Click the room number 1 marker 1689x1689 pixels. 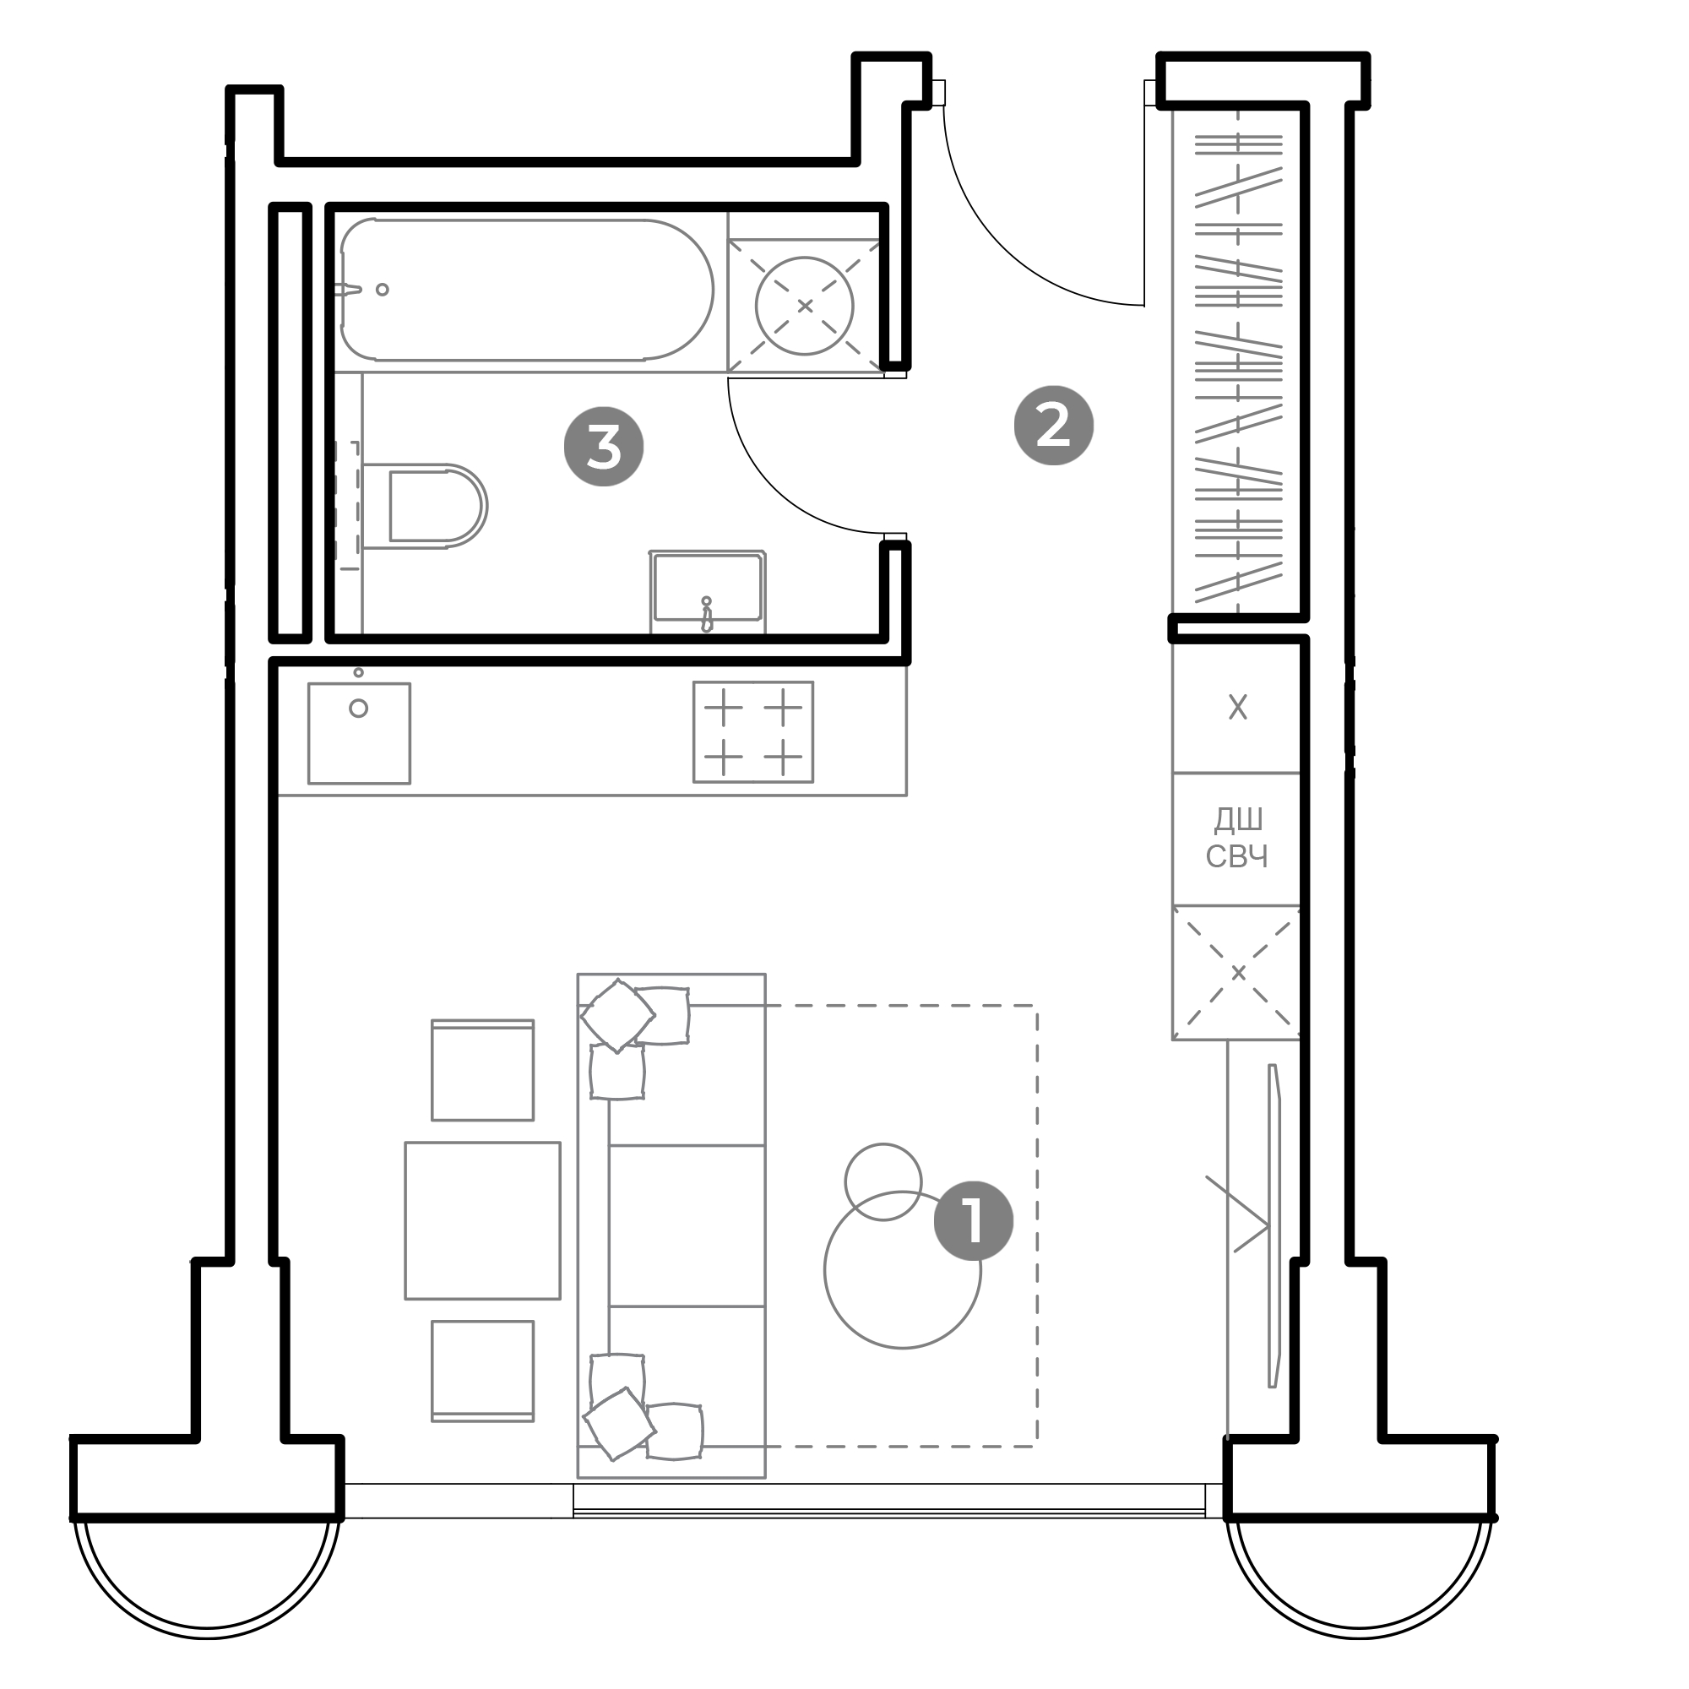tap(973, 1220)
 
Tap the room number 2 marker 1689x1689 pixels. tap(1053, 426)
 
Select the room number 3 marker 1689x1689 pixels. tap(604, 448)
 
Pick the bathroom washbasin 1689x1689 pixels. tap(707, 591)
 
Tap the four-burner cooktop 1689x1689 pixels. tap(753, 732)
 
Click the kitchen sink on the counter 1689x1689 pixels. tap(359, 732)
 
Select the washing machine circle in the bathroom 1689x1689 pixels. tap(804, 306)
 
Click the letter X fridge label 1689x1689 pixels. tap(1238, 707)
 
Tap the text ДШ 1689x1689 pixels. tap(1239, 820)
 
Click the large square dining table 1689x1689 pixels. tap(482, 1220)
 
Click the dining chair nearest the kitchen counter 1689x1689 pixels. tap(482, 1070)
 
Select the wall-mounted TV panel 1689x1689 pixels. tap(1274, 1225)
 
